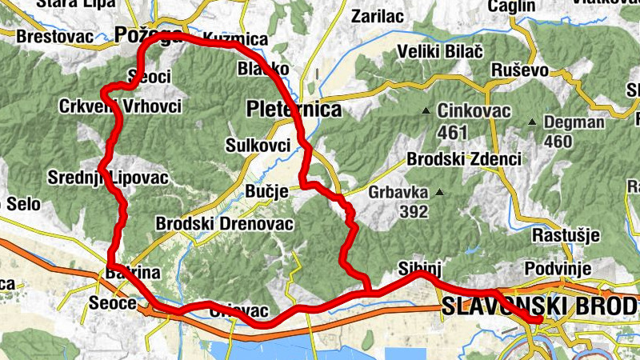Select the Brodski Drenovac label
[x=226, y=223]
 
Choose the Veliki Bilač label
[x=440, y=52]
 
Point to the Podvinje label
[x=558, y=268]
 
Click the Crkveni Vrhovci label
[x=120, y=106]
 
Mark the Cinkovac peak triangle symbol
[x=426, y=110]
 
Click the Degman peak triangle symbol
[x=531, y=122]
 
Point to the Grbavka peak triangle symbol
[x=438, y=192]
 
